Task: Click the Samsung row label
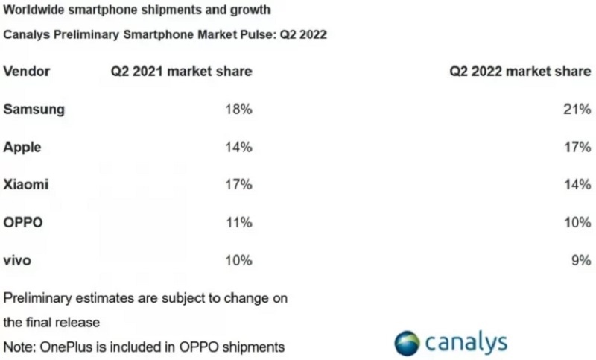34,109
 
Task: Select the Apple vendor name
22,147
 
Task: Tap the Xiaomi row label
26,185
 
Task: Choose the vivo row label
18,261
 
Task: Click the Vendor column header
27,71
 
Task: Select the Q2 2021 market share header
181,71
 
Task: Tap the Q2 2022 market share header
520,71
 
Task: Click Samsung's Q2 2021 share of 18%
239,109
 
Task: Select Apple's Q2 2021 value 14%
239,147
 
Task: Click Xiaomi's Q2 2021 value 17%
239,185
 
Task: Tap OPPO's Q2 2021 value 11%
239,223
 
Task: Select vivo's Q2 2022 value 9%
580,261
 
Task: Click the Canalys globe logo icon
408,341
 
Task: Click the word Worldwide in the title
34,11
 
